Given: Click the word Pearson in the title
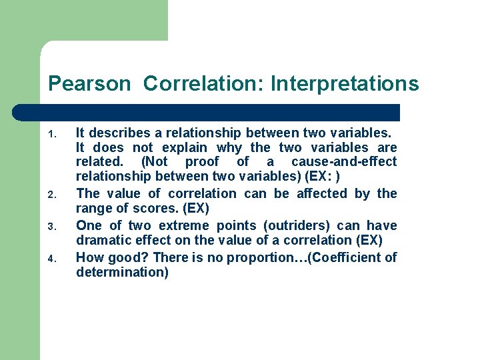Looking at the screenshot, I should [90, 84].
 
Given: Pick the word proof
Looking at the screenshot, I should [201, 162].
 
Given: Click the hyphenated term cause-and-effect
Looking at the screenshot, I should [343, 162].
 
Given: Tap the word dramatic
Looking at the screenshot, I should [101, 241].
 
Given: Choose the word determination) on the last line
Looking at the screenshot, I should [122, 272].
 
